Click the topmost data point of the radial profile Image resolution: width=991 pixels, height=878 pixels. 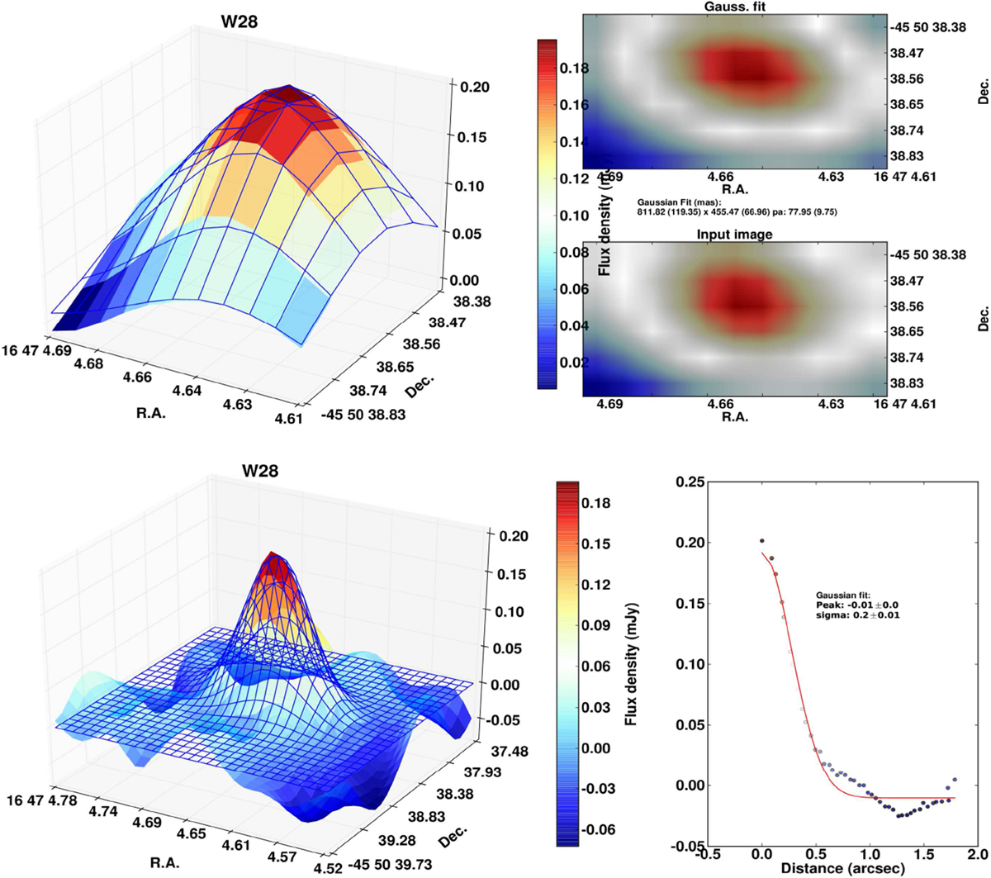click(761, 542)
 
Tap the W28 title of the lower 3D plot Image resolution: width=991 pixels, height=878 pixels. click(259, 472)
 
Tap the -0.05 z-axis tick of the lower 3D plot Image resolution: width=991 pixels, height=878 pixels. click(503, 720)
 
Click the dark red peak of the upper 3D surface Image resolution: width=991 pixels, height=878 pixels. click(288, 93)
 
